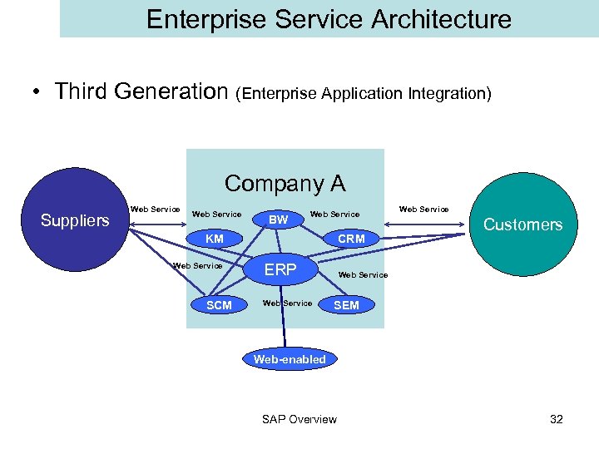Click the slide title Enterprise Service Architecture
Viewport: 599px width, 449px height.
pyautogui.click(x=329, y=19)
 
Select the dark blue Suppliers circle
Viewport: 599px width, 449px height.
pyautogui.click(x=76, y=220)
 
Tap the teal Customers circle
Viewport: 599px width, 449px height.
pyautogui.click(x=522, y=224)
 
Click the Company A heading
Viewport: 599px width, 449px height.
pyautogui.click(x=285, y=183)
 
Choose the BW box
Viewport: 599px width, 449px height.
pyautogui.click(x=279, y=220)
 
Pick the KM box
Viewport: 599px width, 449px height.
pyautogui.click(x=215, y=239)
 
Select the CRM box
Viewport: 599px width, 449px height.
pyautogui.click(x=351, y=239)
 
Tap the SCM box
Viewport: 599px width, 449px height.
pyautogui.click(x=219, y=305)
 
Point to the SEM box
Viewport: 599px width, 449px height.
pyautogui.click(x=346, y=305)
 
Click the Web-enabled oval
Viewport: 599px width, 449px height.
pyautogui.click(x=290, y=359)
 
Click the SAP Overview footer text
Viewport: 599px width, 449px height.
pyautogui.click(x=299, y=419)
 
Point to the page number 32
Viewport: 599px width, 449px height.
pyautogui.click(x=557, y=419)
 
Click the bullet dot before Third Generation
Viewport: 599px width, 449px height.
pyautogui.click(x=39, y=92)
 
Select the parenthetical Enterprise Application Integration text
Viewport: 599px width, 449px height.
pyautogui.click(x=364, y=94)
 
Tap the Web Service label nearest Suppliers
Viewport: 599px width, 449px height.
pyautogui.click(x=155, y=210)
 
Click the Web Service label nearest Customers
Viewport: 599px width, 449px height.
pyautogui.click(x=423, y=210)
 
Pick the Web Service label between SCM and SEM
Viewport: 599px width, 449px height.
pyautogui.click(x=287, y=303)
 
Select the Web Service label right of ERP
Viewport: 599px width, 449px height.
pyautogui.click(x=363, y=275)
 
